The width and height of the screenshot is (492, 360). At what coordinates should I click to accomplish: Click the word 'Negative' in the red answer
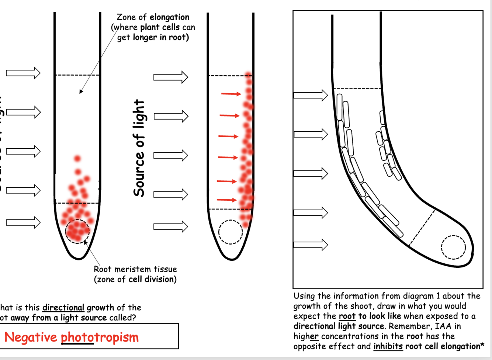pyautogui.click(x=31, y=337)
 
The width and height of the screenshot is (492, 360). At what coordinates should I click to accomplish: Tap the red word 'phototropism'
pyautogui.click(x=100, y=337)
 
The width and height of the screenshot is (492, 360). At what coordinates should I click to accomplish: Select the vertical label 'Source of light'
pyautogui.click(x=139, y=148)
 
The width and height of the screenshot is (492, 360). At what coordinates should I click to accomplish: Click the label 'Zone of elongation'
pyautogui.click(x=153, y=17)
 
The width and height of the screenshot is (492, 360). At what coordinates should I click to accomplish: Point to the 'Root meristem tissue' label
pyautogui.click(x=135, y=269)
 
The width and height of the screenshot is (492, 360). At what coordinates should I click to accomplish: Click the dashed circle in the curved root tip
pyautogui.click(x=453, y=247)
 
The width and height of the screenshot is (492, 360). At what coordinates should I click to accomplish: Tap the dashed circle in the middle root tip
pyautogui.click(x=231, y=232)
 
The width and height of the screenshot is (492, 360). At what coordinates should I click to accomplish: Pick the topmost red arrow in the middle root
pyautogui.click(x=231, y=94)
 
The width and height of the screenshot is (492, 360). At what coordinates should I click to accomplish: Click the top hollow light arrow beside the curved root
pyautogui.click(x=311, y=95)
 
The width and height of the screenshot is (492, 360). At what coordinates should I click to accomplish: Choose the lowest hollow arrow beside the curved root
pyautogui.click(x=311, y=244)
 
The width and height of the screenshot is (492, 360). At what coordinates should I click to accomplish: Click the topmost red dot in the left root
pyautogui.click(x=77, y=159)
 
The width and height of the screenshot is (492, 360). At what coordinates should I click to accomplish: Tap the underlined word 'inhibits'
pyautogui.click(x=388, y=346)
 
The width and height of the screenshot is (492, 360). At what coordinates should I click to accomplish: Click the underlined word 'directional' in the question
pyautogui.click(x=63, y=308)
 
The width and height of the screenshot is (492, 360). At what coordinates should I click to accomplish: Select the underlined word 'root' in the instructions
pyautogui.click(x=347, y=316)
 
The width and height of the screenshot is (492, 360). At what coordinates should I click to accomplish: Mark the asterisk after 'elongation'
pyautogui.click(x=482, y=346)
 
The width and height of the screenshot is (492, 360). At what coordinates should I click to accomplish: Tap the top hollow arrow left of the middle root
pyautogui.click(x=171, y=77)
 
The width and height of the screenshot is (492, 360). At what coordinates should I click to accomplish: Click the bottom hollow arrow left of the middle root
pyautogui.click(x=171, y=226)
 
